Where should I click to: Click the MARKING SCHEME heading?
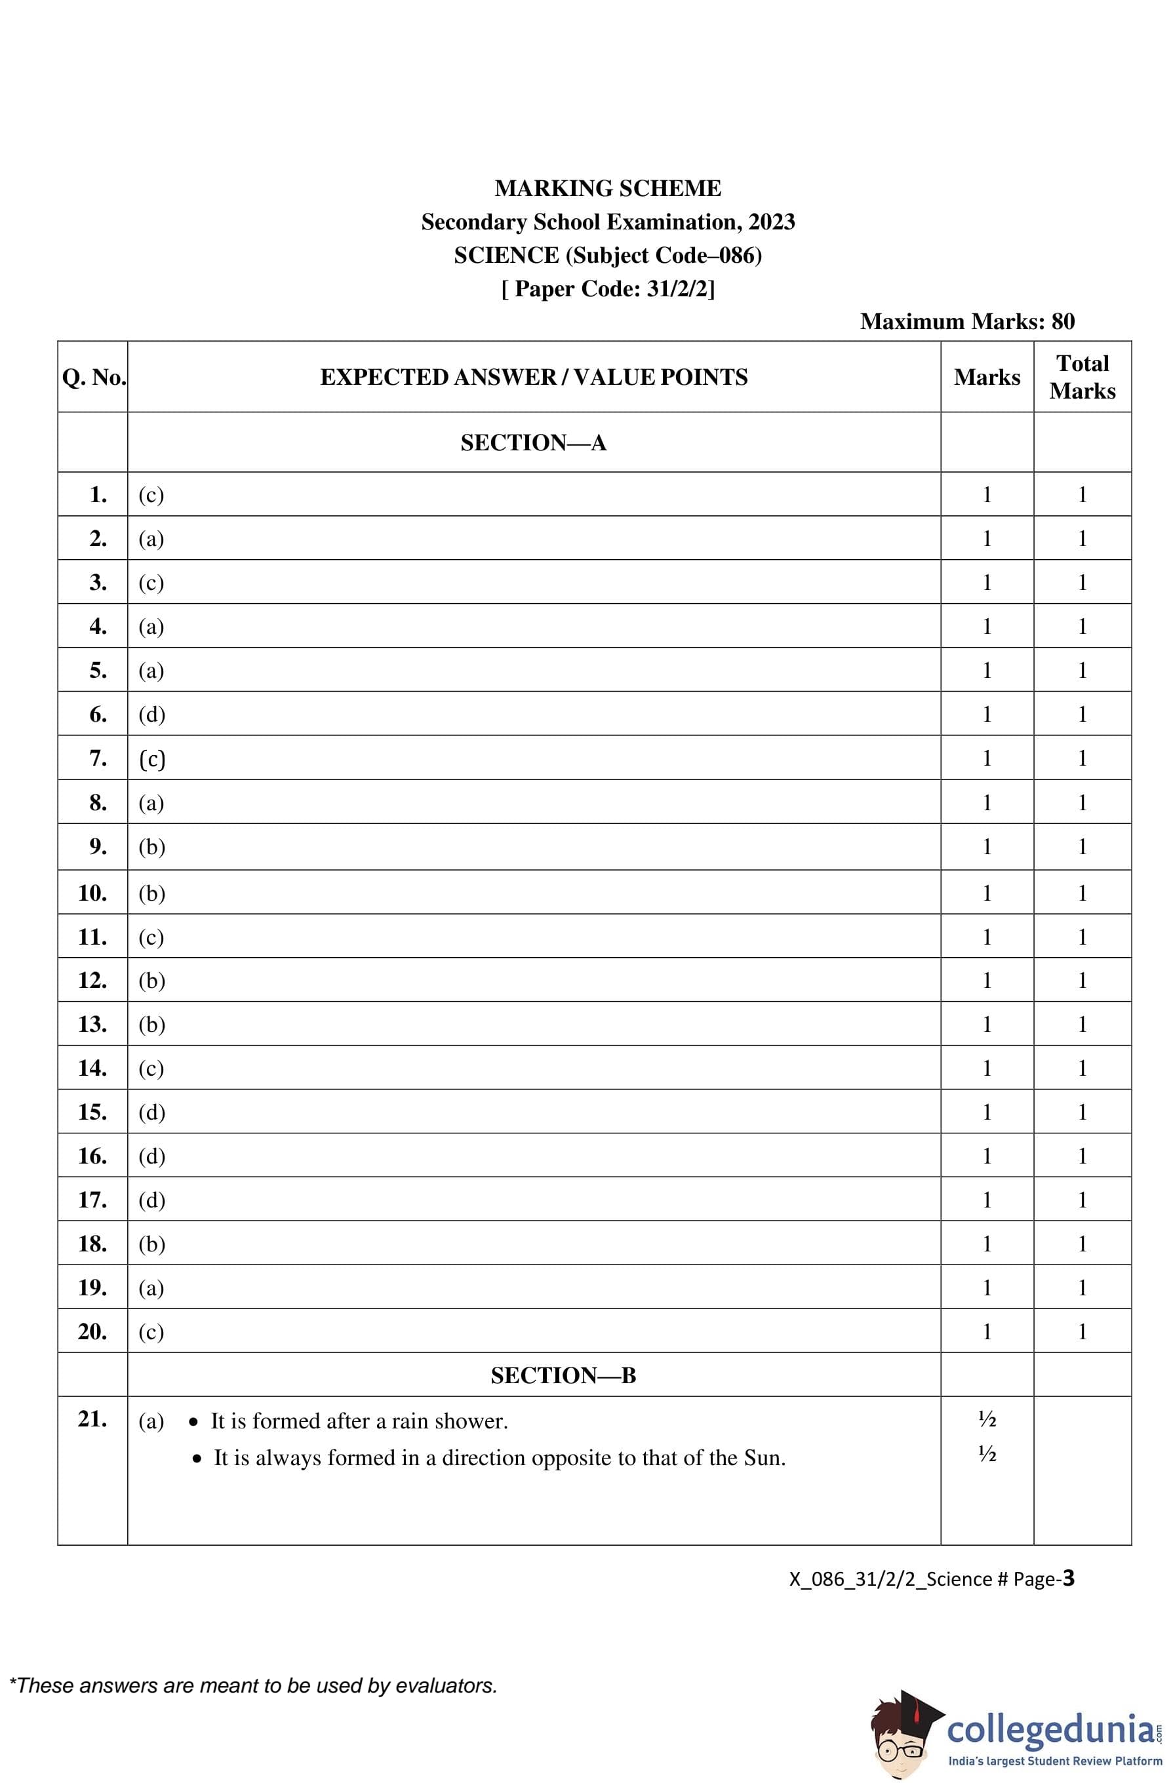click(x=607, y=187)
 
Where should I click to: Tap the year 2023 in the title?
click(x=772, y=222)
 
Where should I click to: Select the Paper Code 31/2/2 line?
click(x=607, y=288)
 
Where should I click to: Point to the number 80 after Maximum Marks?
click(x=1062, y=321)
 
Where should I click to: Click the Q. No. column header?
click(x=94, y=377)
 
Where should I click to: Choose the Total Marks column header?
click(x=1082, y=377)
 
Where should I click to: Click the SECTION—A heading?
click(x=533, y=443)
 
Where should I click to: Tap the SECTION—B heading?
click(x=563, y=1375)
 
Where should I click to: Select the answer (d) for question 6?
click(x=151, y=714)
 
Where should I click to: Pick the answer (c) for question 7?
click(x=151, y=758)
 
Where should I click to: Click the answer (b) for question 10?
click(x=151, y=893)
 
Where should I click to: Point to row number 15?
click(x=92, y=1112)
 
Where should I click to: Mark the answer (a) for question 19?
click(x=151, y=1287)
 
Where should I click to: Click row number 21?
click(x=92, y=1419)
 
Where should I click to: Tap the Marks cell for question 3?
click(x=986, y=583)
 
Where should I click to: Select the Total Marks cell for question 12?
click(x=1082, y=981)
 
